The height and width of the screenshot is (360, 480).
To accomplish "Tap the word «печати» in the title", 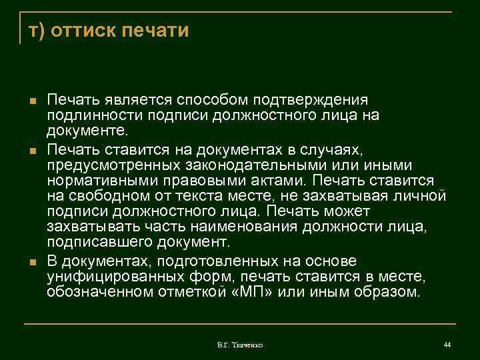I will (157, 31).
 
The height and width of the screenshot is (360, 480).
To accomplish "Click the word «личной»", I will (419, 196).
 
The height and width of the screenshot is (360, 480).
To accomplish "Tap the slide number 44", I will (447, 344).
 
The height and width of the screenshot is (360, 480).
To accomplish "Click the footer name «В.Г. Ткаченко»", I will (240, 345).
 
